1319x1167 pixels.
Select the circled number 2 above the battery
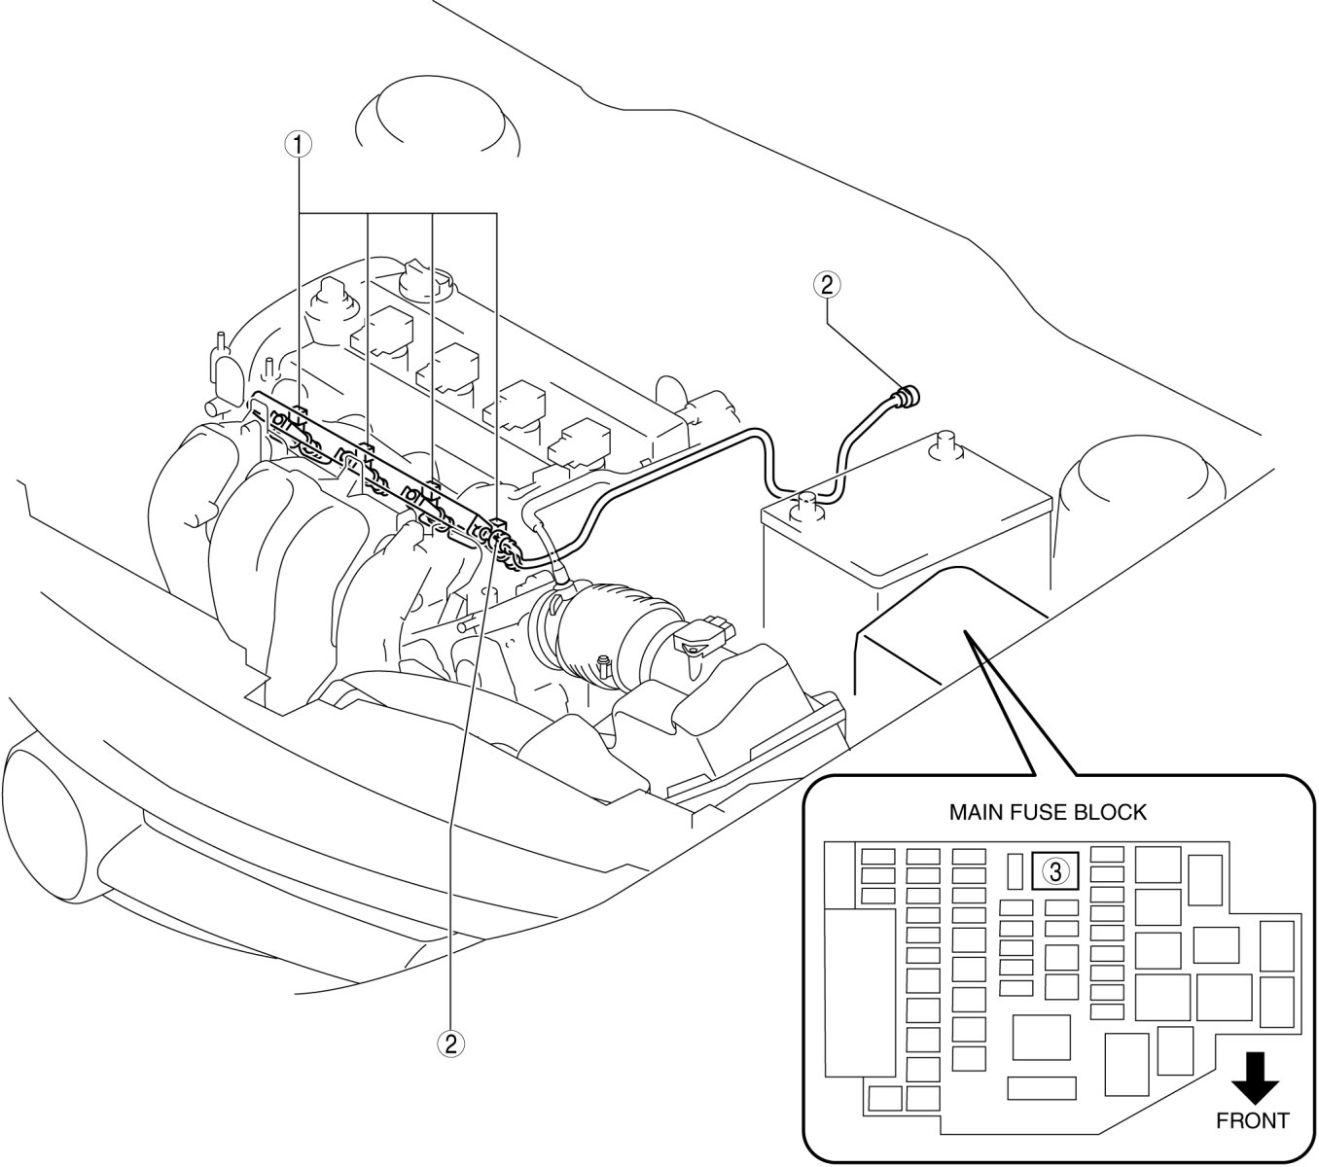826,284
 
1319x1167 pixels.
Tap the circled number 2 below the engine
449,1043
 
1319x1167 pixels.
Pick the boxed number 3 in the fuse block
1056,869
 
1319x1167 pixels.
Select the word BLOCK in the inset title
1115,812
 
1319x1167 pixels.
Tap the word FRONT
1253,1120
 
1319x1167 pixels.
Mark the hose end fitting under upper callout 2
909,396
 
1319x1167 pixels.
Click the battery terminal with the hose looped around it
806,503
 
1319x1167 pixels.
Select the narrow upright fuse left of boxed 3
1014,870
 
